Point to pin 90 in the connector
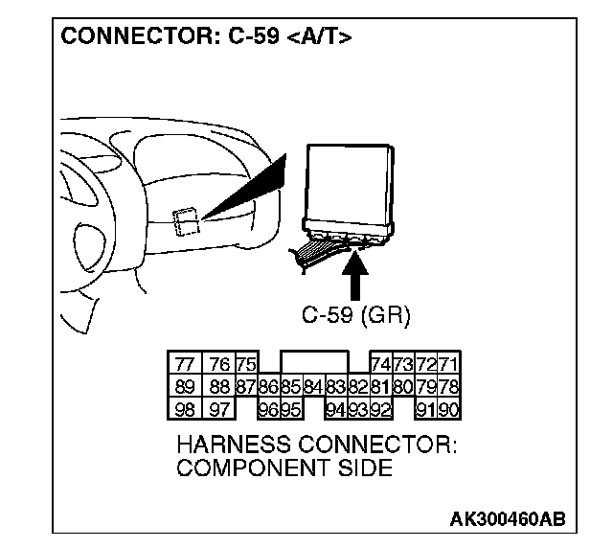pyautogui.click(x=448, y=410)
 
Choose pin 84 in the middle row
pyautogui.click(x=312, y=386)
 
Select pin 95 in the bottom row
pyautogui.click(x=291, y=410)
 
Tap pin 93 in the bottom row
pyautogui.click(x=357, y=410)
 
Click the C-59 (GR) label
pyautogui.click(x=355, y=315)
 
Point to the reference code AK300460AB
pyautogui.click(x=507, y=518)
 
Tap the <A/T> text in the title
pyautogui.click(x=319, y=37)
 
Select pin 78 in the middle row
pyautogui.click(x=448, y=386)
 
